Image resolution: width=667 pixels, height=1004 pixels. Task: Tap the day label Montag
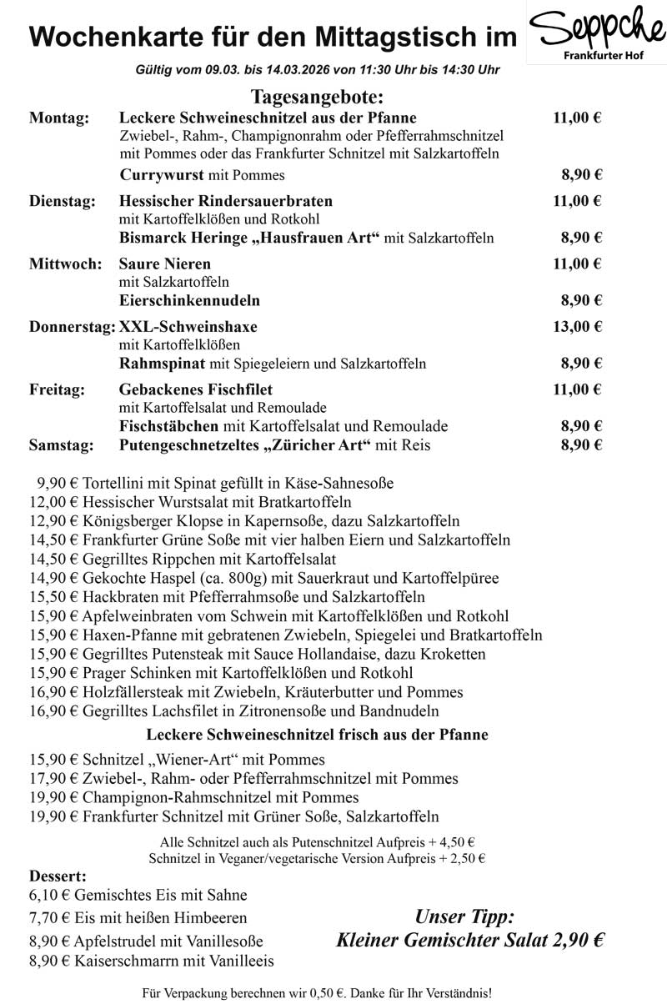point(59,118)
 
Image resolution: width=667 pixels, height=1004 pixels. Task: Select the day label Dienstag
point(63,201)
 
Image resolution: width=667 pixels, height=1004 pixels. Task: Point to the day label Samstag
point(61,445)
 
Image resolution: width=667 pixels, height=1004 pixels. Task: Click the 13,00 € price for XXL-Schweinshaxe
point(577,326)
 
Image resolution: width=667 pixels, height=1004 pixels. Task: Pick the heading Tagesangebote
point(316,97)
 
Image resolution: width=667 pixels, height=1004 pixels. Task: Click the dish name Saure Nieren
point(165,264)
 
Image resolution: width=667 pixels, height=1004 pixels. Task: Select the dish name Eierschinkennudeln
point(189,300)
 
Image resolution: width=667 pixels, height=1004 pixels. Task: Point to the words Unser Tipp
point(464,917)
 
